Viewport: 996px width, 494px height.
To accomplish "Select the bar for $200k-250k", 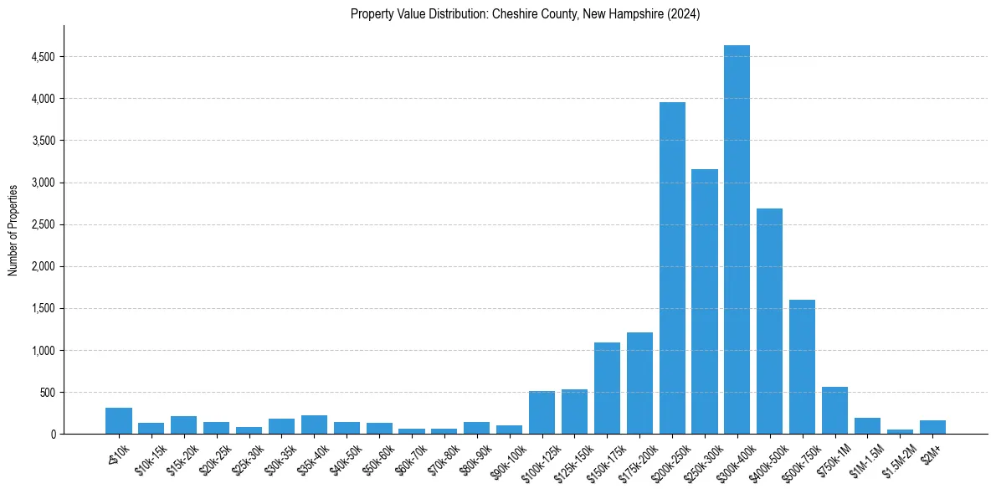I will click(x=672, y=268).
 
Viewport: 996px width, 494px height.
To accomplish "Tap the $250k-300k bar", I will click(x=705, y=301).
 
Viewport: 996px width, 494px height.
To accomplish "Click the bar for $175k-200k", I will click(x=639, y=383).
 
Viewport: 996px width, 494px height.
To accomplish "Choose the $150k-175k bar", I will click(x=607, y=389).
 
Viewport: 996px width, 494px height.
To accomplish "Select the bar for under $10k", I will click(x=119, y=421).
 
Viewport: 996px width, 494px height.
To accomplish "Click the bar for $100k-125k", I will click(x=542, y=413).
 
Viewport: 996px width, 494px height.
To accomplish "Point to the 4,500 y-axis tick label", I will click(x=44, y=57).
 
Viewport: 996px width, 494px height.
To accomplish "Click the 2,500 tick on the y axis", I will click(x=44, y=224).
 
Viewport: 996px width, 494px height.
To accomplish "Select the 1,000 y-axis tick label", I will click(x=44, y=351).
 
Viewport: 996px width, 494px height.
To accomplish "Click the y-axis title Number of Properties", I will click(x=13, y=229).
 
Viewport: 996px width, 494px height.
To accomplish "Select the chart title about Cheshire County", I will click(x=526, y=14).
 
